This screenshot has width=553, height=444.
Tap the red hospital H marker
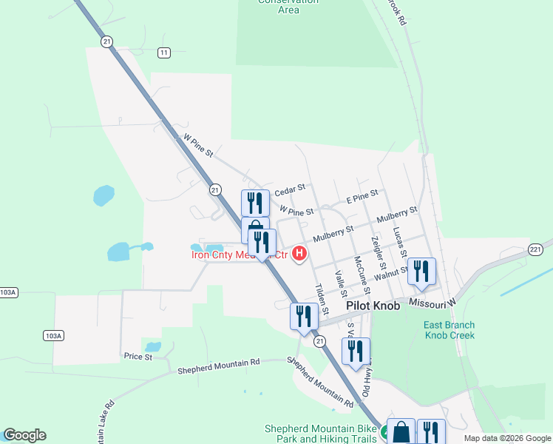click(299, 255)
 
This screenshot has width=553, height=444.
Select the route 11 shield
click(163, 52)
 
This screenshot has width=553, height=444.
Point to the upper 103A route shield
click(8, 292)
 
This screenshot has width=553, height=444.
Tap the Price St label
click(138, 357)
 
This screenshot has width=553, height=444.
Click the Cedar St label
click(289, 191)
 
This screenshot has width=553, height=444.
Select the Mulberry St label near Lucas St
click(396, 215)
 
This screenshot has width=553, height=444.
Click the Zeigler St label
click(379, 252)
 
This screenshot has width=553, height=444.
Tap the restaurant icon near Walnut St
click(421, 272)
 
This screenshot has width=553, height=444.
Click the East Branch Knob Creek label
click(449, 330)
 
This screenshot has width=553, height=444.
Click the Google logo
click(24, 435)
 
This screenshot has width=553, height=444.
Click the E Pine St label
click(362, 197)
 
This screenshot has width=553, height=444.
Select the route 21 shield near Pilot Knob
click(319, 340)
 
